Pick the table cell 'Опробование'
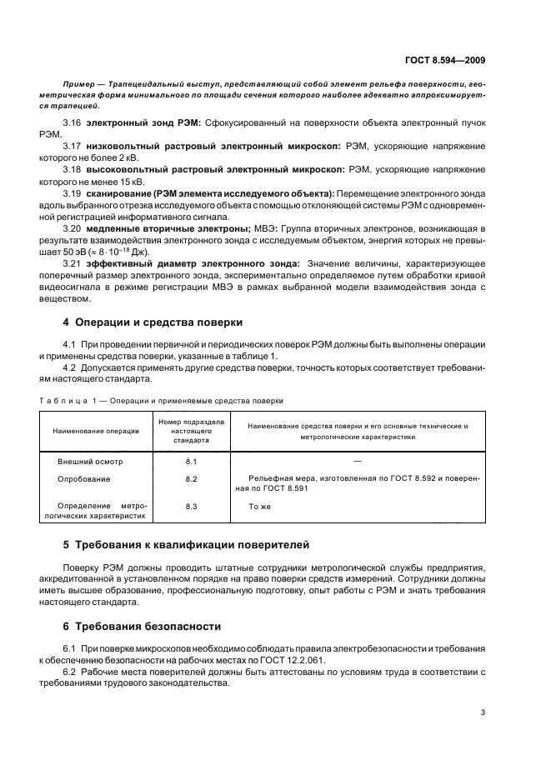tap(83, 479)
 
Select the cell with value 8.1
tap(191, 461)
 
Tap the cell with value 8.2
tap(191, 479)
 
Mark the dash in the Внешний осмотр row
tap(357, 461)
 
